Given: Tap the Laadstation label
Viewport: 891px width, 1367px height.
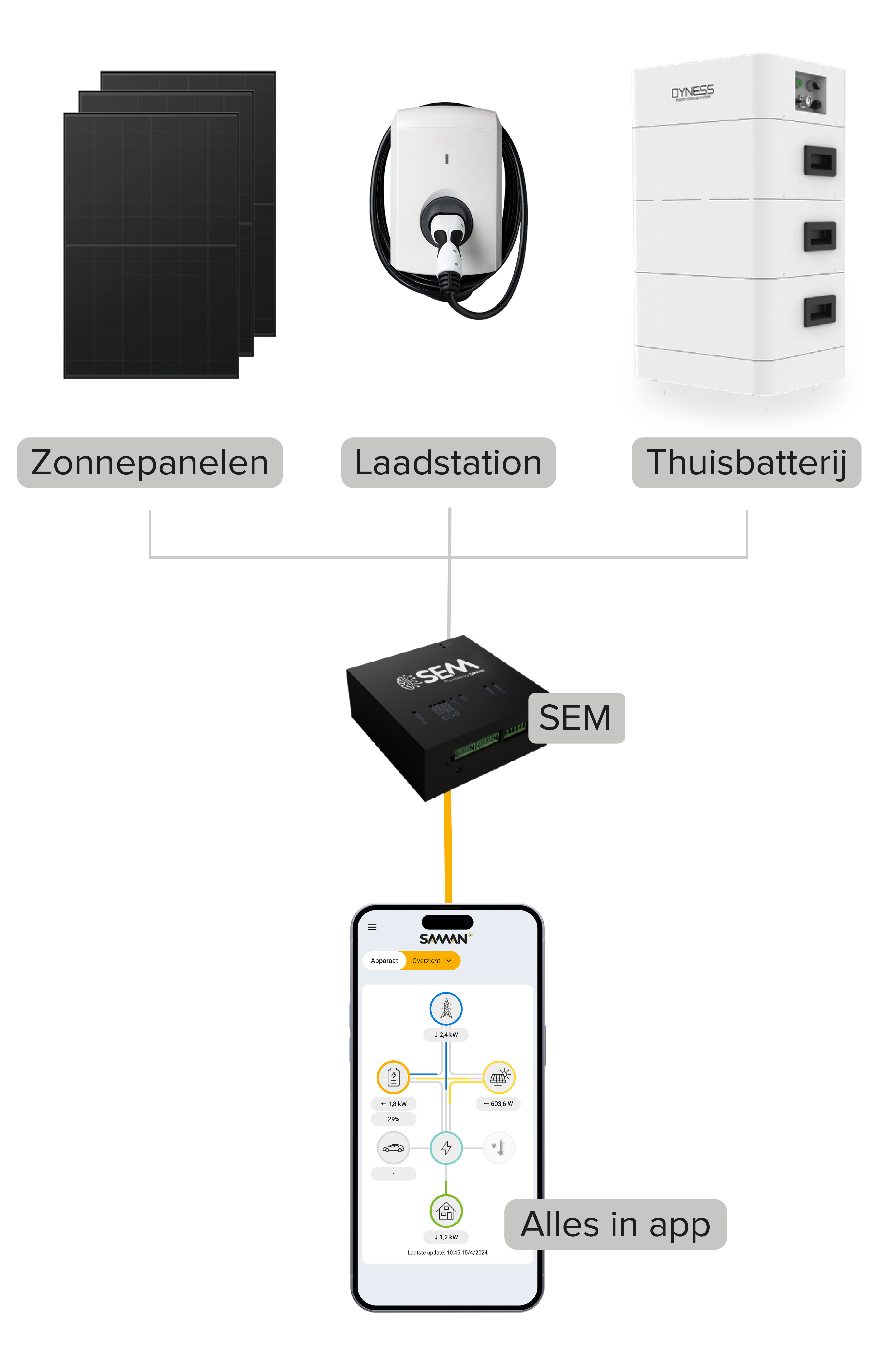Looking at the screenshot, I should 448,463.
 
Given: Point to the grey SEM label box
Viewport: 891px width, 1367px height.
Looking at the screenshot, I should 576,718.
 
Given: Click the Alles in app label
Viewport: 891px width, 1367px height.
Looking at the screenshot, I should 615,1224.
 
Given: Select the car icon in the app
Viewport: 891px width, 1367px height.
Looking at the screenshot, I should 393,1148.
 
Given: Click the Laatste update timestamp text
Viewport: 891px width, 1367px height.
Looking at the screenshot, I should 447,1253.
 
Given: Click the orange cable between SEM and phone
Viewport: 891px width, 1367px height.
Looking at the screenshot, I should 448,850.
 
